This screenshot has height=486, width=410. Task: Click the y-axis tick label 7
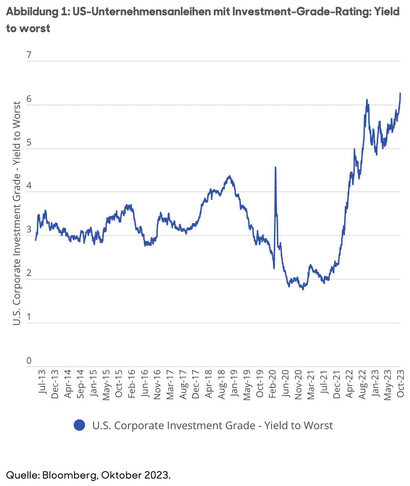[29, 55]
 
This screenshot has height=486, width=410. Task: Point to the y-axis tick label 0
[29, 361]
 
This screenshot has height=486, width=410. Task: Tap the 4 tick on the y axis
[29, 186]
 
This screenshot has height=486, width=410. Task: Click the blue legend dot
[80, 425]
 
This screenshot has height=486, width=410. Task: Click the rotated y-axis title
[16, 213]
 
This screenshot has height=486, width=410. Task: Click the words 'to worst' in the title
[28, 29]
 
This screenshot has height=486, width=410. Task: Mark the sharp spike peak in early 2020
[276, 167]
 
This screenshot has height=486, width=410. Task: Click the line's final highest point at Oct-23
[400, 93]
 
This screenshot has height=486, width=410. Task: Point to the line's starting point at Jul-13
[36, 240]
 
